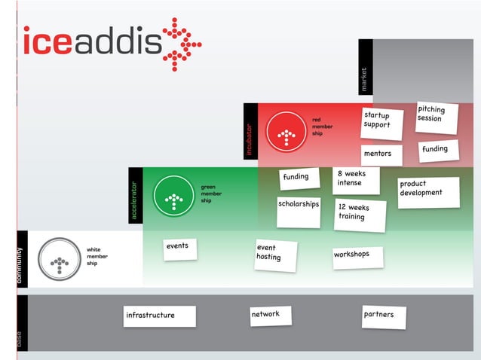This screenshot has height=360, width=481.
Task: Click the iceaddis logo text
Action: [93, 41]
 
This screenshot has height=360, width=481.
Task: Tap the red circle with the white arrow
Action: [286, 132]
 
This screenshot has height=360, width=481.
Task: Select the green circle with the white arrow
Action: [174, 196]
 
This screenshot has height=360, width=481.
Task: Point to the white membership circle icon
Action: [60, 259]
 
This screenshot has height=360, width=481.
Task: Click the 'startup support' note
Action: [382, 124]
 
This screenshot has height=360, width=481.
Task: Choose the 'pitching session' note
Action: [437, 118]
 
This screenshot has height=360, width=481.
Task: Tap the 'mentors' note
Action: [381, 155]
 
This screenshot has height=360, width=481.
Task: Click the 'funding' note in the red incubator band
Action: [439, 151]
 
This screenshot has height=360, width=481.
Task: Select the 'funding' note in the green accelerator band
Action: [299, 178]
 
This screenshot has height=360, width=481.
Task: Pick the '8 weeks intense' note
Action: [356, 181]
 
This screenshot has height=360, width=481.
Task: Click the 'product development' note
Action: [429, 193]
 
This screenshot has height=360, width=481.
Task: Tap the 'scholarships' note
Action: [299, 212]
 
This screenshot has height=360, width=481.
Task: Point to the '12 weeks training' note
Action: [360, 215]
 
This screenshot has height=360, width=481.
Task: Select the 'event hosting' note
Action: [275, 255]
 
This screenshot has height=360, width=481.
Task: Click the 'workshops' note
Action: [358, 258]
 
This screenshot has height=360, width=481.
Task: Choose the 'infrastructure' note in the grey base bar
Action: [160, 316]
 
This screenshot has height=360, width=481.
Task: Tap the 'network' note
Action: [271, 316]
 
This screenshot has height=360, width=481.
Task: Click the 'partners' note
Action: [384, 317]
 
